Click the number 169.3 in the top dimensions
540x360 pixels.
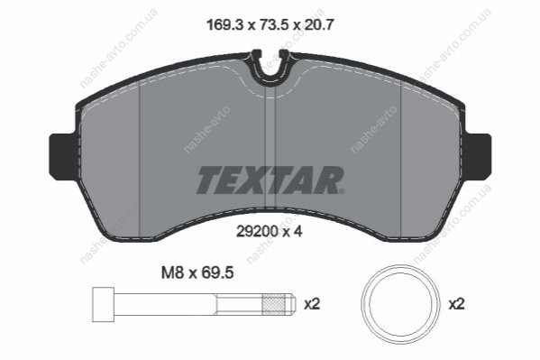224,25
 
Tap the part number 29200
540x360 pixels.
257,231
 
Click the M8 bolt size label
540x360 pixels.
174,273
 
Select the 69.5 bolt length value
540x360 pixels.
217,273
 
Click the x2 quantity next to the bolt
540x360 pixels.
312,304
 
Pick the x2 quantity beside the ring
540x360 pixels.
457,304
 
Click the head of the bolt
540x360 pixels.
104,304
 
